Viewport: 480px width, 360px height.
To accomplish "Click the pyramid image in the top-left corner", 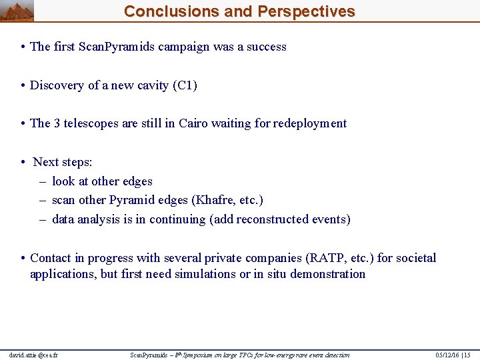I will pos(17,11).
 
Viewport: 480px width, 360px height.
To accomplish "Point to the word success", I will pos(266,47).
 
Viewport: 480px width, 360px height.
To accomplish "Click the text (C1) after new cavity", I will pos(185,85).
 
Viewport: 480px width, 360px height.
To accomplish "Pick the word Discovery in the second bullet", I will pos(57,85).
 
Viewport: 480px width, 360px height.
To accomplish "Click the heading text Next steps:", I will pos(63,162).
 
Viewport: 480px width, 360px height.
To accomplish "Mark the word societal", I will pos(415,258).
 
